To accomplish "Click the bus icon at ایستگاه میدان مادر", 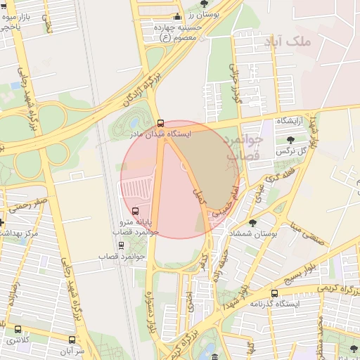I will pyautogui.click(x=161, y=123).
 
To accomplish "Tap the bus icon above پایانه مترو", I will pyautogui.click(x=135, y=211).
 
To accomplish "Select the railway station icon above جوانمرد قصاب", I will pyautogui.click(x=121, y=245).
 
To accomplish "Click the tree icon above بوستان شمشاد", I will pyautogui.click(x=252, y=223).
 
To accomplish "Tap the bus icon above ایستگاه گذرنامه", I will pyautogui.click(x=274, y=293).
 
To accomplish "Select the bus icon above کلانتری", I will pyautogui.click(x=18, y=329).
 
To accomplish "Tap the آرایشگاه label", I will pyautogui.click(x=290, y=122).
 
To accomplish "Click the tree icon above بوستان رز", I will pyautogui.click(x=204, y=4).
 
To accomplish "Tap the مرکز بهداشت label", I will pyautogui.click(x=20, y=232).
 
